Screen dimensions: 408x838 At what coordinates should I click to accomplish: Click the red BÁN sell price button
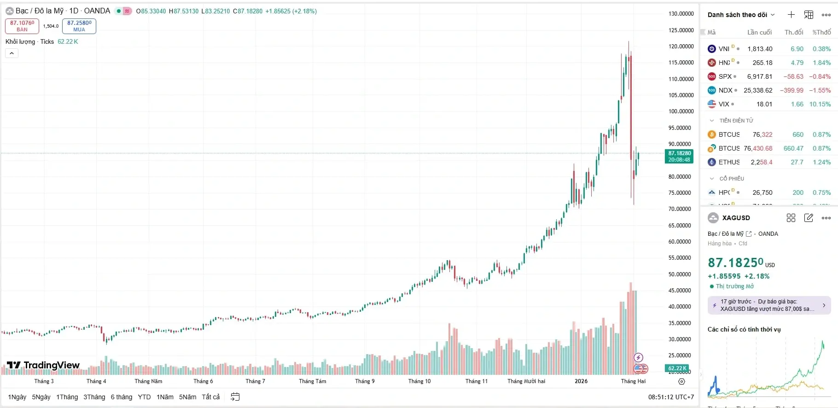coord(22,26)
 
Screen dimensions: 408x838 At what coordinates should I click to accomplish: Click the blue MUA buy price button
coord(79,26)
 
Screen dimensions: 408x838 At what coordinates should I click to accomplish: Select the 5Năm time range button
coord(187,397)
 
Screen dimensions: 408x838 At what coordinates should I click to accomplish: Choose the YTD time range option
coord(144,397)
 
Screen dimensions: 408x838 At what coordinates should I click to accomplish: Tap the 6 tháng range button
coord(121,397)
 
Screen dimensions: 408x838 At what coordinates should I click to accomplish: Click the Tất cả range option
coord(211,397)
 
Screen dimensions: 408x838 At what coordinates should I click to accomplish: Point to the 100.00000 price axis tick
coord(681,111)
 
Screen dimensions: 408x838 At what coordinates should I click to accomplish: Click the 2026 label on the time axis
coord(581,381)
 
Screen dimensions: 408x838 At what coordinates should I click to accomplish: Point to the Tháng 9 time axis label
coord(365,381)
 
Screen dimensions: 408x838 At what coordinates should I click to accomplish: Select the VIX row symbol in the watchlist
coord(724,104)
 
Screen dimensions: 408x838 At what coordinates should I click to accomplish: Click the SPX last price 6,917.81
coord(760,76)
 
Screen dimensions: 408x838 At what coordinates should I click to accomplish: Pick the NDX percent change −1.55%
coord(820,90)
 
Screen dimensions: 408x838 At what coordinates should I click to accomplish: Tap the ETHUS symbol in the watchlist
coord(729,162)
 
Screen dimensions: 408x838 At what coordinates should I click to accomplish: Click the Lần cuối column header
coord(759,32)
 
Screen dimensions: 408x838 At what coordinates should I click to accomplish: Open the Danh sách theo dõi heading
coord(737,15)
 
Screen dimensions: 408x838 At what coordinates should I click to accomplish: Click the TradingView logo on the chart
coord(43,366)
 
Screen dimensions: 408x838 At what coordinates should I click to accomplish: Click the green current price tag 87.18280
coord(679,157)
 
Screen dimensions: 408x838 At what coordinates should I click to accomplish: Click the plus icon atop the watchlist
coord(791,15)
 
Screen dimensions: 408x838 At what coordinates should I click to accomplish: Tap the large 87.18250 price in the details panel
coord(735,262)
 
